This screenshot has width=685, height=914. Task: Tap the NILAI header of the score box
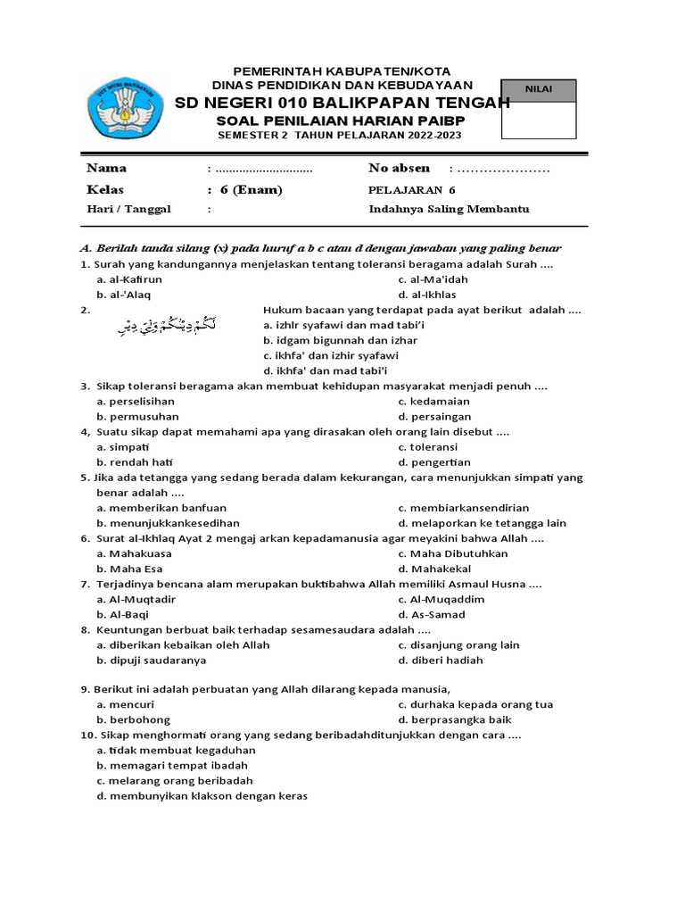point(539,89)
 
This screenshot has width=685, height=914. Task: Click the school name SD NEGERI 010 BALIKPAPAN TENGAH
point(342,103)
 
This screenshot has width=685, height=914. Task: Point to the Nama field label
point(106,168)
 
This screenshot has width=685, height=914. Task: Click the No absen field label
point(399,168)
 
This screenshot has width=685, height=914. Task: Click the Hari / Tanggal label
point(128,209)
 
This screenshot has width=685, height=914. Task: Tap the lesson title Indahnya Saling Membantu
point(449,209)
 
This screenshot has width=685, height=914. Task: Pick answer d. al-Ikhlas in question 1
point(427,295)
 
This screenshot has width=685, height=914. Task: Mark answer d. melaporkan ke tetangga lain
point(482,523)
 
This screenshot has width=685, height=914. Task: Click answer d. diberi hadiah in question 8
point(441,661)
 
